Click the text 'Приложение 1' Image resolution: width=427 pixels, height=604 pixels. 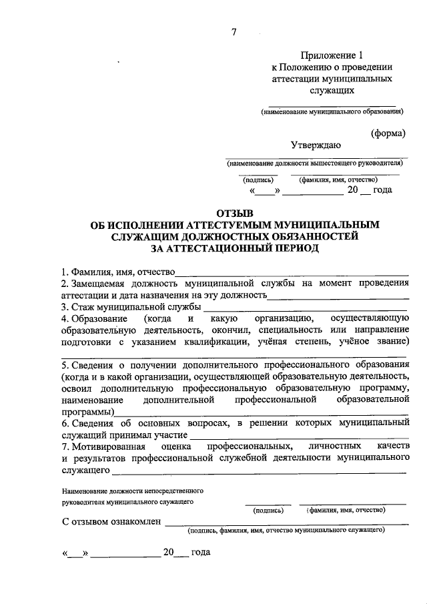click(x=331, y=55)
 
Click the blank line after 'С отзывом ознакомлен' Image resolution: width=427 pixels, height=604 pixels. click(x=286, y=524)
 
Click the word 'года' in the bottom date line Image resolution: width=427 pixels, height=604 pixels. click(x=201, y=553)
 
